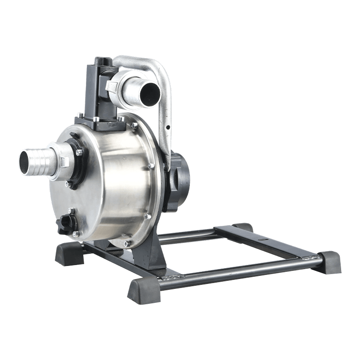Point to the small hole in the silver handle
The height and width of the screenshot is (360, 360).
point(167,128)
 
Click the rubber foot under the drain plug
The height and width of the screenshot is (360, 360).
point(69,255)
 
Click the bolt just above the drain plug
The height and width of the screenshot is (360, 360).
point(71,210)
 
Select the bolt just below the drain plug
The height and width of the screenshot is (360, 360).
point(75,234)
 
